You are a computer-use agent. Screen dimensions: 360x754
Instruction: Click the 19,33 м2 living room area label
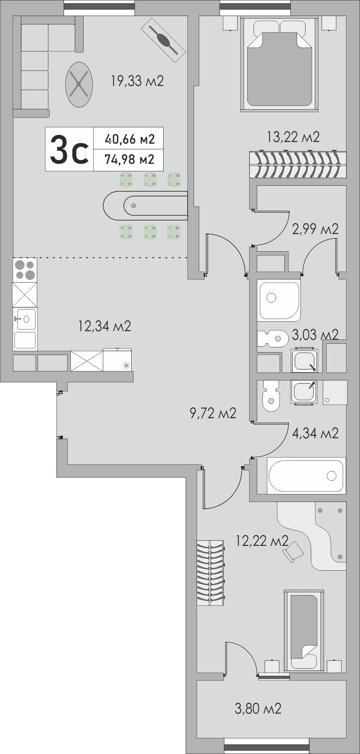pyautogui.click(x=137, y=81)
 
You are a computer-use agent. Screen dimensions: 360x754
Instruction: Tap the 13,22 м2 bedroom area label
pyautogui.click(x=293, y=137)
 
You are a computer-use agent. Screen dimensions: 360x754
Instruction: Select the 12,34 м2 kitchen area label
pyautogui.click(x=105, y=326)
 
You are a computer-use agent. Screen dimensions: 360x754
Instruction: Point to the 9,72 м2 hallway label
pyautogui.click(x=213, y=413)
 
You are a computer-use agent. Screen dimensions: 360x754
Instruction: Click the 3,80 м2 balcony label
pyautogui.click(x=258, y=709)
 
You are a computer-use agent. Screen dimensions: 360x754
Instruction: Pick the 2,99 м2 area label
pyautogui.click(x=316, y=229)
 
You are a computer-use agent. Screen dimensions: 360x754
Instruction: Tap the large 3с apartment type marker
pyautogui.click(x=69, y=149)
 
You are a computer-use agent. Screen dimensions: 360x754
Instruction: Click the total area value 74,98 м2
pyautogui.click(x=129, y=160)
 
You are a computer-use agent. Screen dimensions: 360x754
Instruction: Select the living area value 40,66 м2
pyautogui.click(x=129, y=139)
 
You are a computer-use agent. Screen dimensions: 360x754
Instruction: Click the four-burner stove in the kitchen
pyautogui.click(x=25, y=270)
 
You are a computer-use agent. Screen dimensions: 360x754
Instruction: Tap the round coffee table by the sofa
pyautogui.click(x=79, y=84)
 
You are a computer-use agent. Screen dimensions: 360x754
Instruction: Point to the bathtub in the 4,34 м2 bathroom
pyautogui.click(x=306, y=475)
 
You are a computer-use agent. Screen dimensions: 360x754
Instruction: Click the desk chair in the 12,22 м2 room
pyautogui.click(x=293, y=552)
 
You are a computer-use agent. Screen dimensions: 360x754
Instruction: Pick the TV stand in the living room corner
pyautogui.click(x=163, y=39)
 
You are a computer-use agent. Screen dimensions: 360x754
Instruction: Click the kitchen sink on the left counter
pyautogui.click(x=25, y=319)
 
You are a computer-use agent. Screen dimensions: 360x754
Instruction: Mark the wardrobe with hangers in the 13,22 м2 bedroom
pyautogui.click(x=298, y=164)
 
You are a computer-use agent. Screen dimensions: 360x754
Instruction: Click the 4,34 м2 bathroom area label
pyautogui.click(x=316, y=433)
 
